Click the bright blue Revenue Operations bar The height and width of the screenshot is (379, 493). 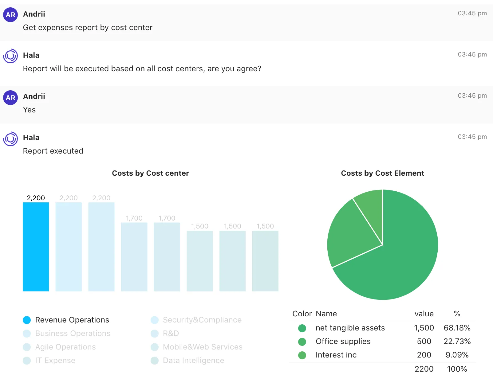(x=36, y=247)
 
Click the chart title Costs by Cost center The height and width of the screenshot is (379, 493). (x=150, y=173)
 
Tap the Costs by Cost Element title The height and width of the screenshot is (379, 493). (x=382, y=173)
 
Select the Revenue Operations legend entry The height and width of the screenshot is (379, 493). (x=72, y=320)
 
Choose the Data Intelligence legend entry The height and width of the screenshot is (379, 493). (x=193, y=361)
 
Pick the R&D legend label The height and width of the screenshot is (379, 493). (x=171, y=334)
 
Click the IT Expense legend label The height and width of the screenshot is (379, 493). (x=55, y=361)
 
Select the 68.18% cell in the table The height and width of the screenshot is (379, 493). (x=457, y=328)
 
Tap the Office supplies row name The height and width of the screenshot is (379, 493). (x=343, y=342)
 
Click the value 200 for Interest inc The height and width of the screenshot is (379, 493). (x=424, y=355)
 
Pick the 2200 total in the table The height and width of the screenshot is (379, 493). (x=424, y=369)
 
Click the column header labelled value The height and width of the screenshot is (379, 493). (x=424, y=314)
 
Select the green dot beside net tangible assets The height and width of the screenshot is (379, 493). (x=302, y=328)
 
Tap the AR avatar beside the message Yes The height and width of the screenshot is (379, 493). (x=10, y=98)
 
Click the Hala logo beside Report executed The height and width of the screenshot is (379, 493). (x=10, y=139)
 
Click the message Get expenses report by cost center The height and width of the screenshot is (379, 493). (x=88, y=28)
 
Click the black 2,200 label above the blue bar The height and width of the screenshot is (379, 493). (x=36, y=198)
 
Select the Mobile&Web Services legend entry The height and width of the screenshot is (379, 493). (x=202, y=347)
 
